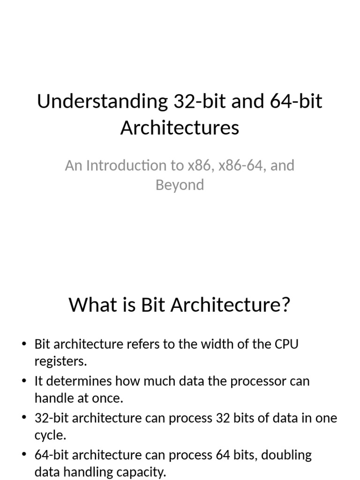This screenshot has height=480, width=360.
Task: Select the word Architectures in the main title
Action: click(180, 127)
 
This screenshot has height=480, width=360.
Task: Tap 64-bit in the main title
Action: click(296, 101)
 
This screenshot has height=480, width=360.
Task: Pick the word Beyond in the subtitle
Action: click(180, 185)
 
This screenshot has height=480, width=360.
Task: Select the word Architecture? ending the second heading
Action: click(231, 305)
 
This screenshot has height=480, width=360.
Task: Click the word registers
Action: click(60, 362)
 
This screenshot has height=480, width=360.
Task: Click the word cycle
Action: click(50, 435)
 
